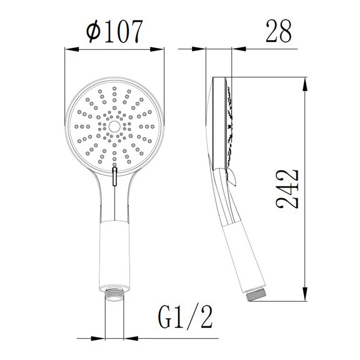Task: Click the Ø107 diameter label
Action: coord(115,31)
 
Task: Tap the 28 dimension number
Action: coord(279,31)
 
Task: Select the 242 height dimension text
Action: coord(287,189)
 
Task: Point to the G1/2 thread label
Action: coord(185,317)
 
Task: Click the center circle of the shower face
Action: coord(114,127)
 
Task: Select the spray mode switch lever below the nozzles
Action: coord(115,176)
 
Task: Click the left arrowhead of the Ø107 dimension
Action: coord(72,49)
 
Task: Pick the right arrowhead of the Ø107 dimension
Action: coord(157,49)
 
